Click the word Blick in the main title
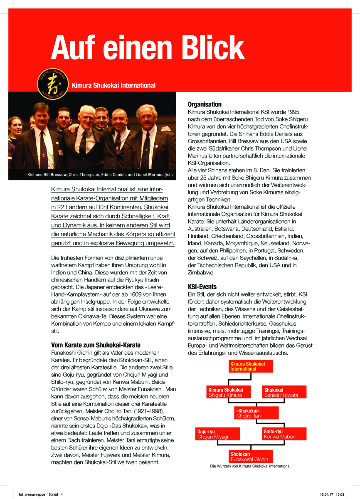[209, 47]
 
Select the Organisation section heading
[205, 104]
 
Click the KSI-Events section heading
[202, 287]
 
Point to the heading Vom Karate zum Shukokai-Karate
[96, 345]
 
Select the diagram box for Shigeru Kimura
[230, 392]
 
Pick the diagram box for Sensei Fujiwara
[284, 392]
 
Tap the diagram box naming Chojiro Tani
[254, 413]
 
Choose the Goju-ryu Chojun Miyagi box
[218, 434]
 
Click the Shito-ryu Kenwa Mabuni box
[284, 434]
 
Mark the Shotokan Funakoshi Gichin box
[251, 457]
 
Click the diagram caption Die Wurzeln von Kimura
[250, 466]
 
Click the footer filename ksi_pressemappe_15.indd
[38, 494]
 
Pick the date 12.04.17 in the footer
[326, 494]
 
